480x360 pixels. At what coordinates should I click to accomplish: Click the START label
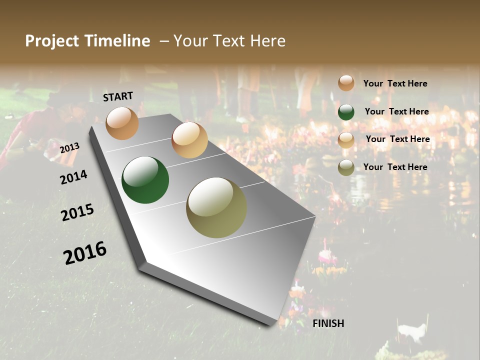tap(118, 96)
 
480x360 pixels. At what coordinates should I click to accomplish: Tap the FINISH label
tap(328, 323)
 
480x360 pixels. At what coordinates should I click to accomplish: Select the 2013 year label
tap(69, 148)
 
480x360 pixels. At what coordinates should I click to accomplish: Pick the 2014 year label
tap(73, 177)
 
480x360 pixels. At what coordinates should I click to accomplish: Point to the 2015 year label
tap(77, 212)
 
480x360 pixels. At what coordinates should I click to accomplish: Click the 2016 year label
tap(85, 252)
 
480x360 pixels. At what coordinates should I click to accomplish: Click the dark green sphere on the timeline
tap(145, 180)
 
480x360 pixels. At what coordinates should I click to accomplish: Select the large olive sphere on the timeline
tap(216, 207)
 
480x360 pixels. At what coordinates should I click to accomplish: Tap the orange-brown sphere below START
tap(122, 123)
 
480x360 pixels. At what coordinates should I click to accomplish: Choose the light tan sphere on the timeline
tap(189, 140)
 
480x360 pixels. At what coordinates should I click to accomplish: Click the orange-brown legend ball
tap(346, 83)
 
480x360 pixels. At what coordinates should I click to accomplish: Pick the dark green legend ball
tap(346, 112)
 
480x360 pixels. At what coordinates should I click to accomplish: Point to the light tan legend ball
tap(346, 140)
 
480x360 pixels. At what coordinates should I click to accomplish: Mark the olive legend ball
tap(346, 167)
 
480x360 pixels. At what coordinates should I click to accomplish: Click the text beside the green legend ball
tap(396, 111)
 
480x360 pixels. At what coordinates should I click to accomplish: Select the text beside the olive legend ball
tap(395, 167)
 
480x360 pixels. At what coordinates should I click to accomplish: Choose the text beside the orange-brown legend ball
tap(395, 83)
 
